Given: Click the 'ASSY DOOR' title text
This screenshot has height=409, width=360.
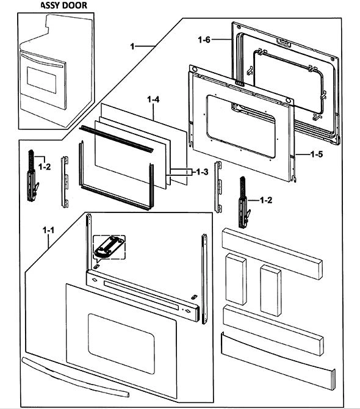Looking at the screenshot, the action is (x=64, y=5).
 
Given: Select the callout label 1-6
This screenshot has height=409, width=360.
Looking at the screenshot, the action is (x=204, y=40).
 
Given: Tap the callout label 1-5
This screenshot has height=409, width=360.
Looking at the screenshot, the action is (x=317, y=154).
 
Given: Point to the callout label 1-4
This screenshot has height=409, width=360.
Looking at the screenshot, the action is (x=153, y=100).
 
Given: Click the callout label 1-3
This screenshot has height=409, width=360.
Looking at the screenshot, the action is (x=202, y=172).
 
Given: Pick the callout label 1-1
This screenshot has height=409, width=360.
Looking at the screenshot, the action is (x=48, y=230).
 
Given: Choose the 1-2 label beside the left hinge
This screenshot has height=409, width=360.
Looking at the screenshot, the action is (x=45, y=167).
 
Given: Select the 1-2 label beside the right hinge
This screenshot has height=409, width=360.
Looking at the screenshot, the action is (x=266, y=200).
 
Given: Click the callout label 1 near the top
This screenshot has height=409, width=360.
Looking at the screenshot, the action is (x=132, y=46).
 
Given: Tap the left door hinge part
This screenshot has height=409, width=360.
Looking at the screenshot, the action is (x=32, y=176).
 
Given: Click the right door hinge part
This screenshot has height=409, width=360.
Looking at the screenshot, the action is (x=244, y=202).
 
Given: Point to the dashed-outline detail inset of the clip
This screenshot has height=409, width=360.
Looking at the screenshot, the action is (x=109, y=247).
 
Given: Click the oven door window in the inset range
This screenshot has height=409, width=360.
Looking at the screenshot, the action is (x=41, y=80).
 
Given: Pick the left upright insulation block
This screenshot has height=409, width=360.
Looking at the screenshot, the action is (x=236, y=278).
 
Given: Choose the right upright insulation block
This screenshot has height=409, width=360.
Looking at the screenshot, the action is (x=270, y=291).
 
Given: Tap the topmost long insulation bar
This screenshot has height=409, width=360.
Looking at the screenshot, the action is (x=272, y=253).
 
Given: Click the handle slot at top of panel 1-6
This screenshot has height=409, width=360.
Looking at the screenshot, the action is (x=284, y=43).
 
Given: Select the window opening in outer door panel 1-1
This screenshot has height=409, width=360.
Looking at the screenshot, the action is (x=121, y=344).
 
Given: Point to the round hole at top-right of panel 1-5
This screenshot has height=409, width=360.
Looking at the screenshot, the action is (x=289, y=101).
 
